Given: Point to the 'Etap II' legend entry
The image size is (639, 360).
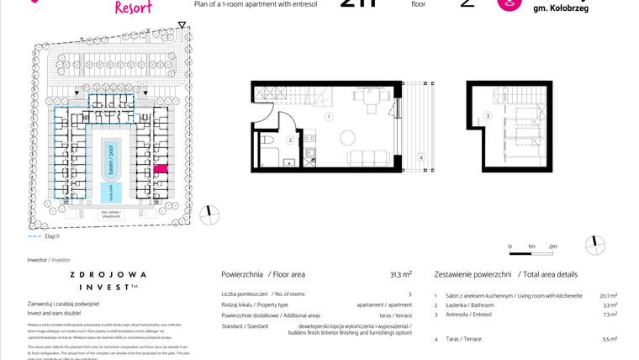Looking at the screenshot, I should pos(34,238).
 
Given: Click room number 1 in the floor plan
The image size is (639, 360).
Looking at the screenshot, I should pos(330,117).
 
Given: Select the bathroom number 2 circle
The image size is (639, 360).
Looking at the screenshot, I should pos(288,140).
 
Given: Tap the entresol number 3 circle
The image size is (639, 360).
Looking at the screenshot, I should pos(488,116).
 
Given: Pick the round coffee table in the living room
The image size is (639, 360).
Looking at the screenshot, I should pos(347,137).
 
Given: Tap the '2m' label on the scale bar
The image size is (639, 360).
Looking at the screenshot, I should pos(552,246).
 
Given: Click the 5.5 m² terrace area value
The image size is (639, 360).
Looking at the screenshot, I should pos(610,338).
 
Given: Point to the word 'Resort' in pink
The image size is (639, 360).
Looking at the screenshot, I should pos(136,8).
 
